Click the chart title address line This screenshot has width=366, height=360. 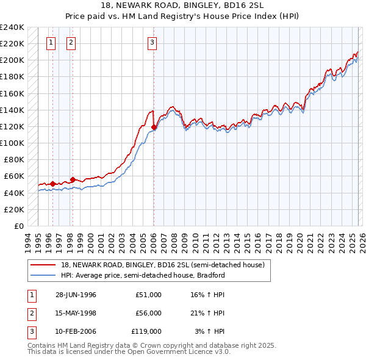pos(183,5)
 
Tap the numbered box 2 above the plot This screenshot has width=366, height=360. pos(71,42)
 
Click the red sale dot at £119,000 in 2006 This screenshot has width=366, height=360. pos(154,128)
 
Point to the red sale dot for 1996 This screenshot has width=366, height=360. pos(53,183)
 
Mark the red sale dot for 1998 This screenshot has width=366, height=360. pos(73,179)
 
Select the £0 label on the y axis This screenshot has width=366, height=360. pos(18,226)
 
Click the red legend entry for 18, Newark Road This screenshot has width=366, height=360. pos(162,265)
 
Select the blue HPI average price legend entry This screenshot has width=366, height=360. pos(143,275)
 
